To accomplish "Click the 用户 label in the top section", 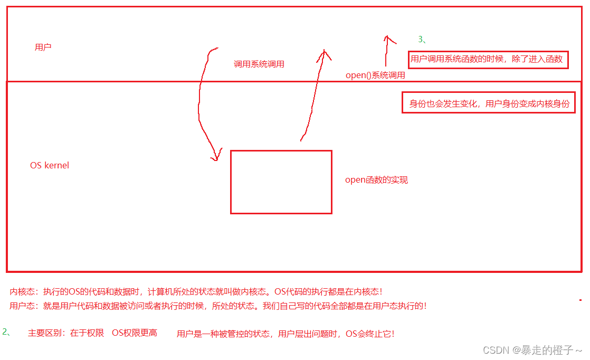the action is (x=43, y=47).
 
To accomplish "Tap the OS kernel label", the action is (x=50, y=165).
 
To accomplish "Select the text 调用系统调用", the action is (x=259, y=64).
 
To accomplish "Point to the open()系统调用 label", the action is (x=375, y=75).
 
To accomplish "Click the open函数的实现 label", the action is (x=376, y=180).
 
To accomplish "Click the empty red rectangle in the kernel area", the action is (x=281, y=182).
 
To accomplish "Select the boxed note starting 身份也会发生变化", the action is (x=489, y=103).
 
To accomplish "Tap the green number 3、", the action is (x=422, y=39).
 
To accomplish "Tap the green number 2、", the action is (x=6, y=331).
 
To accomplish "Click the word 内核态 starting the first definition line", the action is (x=21, y=291).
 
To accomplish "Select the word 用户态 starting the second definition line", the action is (x=21, y=306).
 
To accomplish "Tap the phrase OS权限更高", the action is (x=135, y=333).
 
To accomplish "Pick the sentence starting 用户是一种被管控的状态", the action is (x=286, y=334).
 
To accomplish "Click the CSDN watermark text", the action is (x=533, y=350).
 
